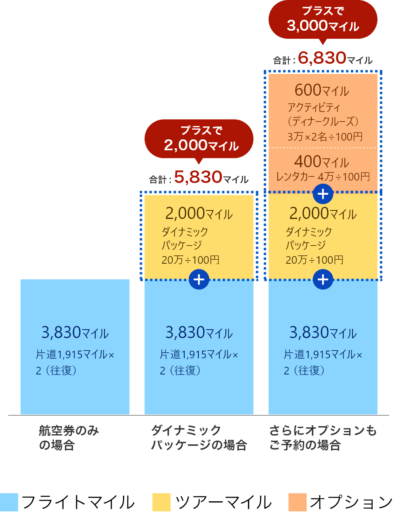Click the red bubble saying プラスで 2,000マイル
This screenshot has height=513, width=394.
(x=199, y=139)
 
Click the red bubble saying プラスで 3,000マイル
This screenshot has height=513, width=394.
(x=323, y=19)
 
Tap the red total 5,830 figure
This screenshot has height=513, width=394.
(x=198, y=177)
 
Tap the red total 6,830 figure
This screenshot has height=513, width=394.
(x=322, y=58)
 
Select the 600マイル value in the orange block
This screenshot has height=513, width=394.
(x=321, y=90)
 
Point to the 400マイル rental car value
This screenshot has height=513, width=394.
(x=321, y=162)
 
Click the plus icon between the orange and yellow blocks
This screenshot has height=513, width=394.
(x=323, y=194)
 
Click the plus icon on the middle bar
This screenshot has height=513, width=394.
(x=199, y=280)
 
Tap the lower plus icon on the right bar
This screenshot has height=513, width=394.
(x=323, y=280)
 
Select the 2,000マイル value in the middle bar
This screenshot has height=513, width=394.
(x=199, y=214)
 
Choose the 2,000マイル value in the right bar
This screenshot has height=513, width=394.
(x=323, y=214)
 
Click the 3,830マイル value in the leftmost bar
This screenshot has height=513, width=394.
(x=75, y=333)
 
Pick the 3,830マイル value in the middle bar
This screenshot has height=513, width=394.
(x=199, y=333)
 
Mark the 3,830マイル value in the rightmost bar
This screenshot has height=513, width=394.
(x=323, y=333)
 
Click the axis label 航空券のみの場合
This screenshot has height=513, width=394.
(x=69, y=438)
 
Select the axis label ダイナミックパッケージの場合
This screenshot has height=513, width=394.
(x=199, y=438)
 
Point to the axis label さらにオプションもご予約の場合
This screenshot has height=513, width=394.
(x=323, y=438)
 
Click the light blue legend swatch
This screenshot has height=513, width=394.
(x=9, y=502)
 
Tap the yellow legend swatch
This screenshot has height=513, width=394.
(x=161, y=502)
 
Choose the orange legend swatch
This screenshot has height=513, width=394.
(x=298, y=502)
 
